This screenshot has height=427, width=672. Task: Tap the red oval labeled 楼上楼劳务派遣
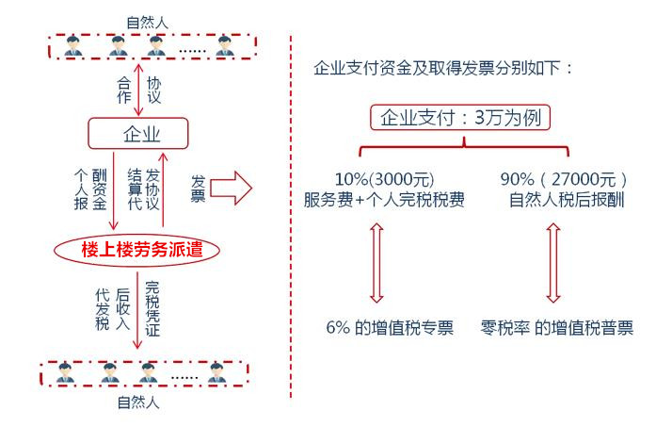(137, 250)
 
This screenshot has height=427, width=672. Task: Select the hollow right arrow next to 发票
(231, 188)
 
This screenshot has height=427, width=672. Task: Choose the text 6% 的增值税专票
(388, 328)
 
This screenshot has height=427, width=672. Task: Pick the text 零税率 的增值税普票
(556, 328)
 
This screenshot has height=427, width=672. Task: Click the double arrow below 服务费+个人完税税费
(376, 263)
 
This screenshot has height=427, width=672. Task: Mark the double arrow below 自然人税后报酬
(552, 263)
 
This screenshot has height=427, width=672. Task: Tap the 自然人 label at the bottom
(139, 402)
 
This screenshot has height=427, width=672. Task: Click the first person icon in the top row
(71, 44)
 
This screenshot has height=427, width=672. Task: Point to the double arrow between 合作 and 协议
(139, 90)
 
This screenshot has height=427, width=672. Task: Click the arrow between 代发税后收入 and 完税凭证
(138, 311)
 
